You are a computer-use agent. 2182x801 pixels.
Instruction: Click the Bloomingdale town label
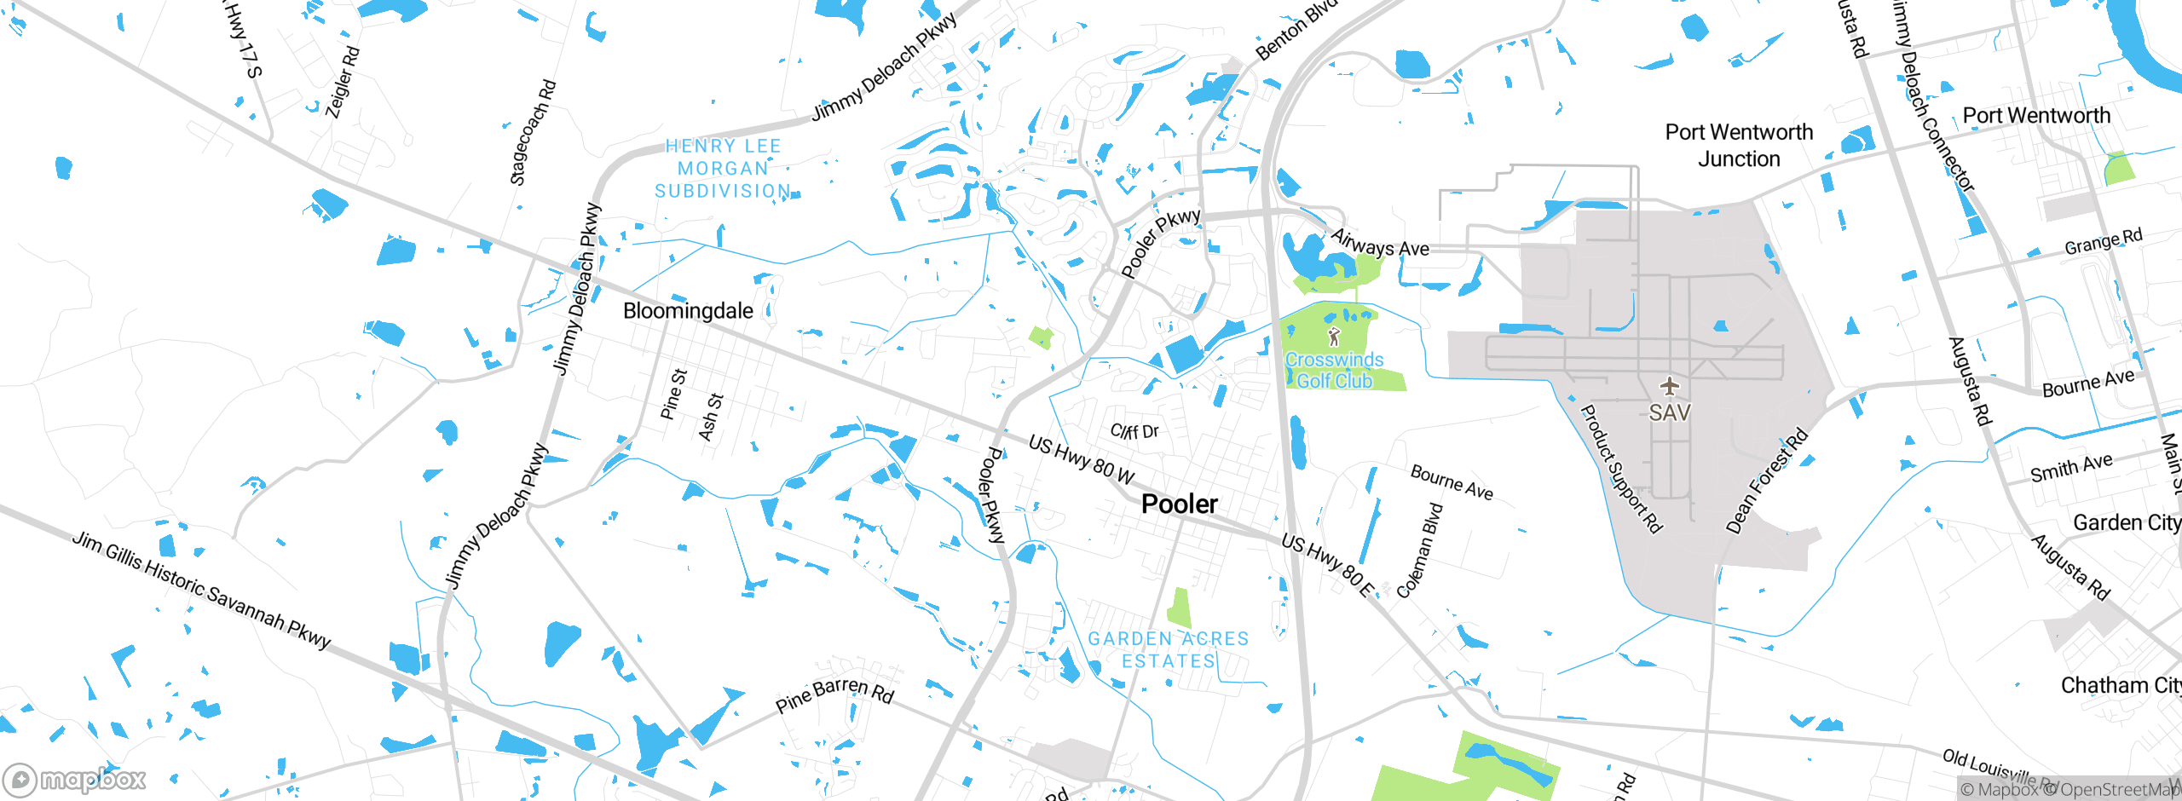click(688, 311)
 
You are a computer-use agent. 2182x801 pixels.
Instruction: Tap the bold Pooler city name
click(1179, 504)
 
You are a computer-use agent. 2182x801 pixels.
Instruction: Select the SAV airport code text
click(1669, 413)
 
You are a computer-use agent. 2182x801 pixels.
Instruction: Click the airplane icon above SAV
click(1669, 387)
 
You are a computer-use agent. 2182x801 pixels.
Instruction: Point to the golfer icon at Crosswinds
click(1334, 337)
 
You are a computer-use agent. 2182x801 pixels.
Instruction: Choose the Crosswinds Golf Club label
click(1334, 371)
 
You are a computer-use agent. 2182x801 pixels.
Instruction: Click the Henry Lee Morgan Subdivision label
click(723, 169)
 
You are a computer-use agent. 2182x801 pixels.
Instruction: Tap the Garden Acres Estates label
click(1168, 650)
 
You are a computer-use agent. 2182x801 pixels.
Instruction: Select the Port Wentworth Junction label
click(1739, 146)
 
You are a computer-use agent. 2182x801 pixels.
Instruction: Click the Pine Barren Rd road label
click(834, 695)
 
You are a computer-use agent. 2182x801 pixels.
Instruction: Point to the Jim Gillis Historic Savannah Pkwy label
click(201, 590)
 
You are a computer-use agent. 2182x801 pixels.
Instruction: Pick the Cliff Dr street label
click(1134, 431)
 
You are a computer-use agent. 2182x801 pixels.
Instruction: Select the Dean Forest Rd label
click(1766, 481)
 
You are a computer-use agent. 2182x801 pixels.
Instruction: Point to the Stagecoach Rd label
click(533, 133)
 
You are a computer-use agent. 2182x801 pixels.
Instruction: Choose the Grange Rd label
click(2103, 242)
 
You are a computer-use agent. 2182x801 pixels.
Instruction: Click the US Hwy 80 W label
click(1081, 459)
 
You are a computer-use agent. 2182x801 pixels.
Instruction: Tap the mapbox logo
click(75, 779)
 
